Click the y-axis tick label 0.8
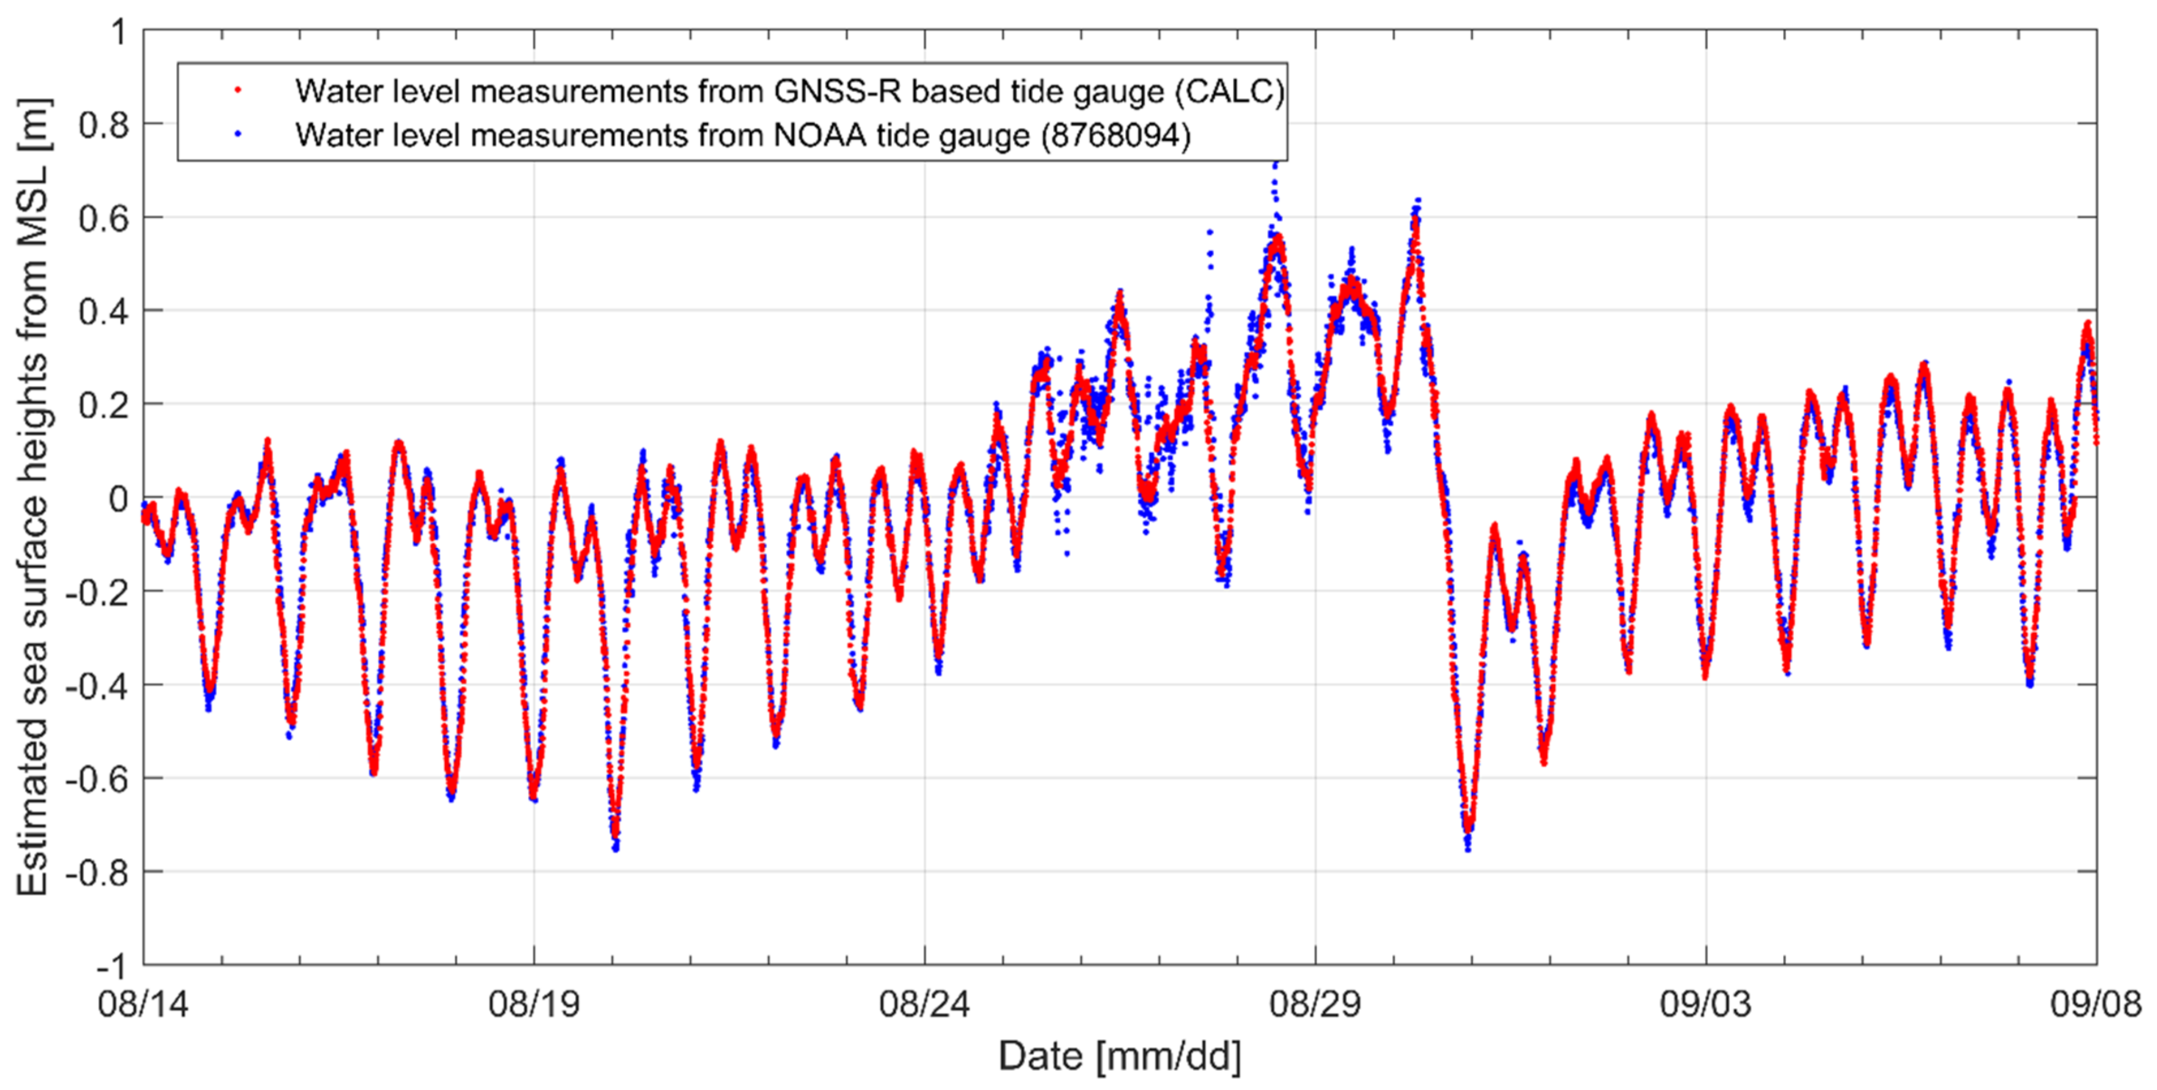click(x=104, y=125)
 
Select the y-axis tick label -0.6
click(x=96, y=779)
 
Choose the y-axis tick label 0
click(x=118, y=499)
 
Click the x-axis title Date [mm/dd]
click(x=1120, y=1057)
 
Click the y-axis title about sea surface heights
click(x=33, y=497)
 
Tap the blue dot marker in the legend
click(x=237, y=134)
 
